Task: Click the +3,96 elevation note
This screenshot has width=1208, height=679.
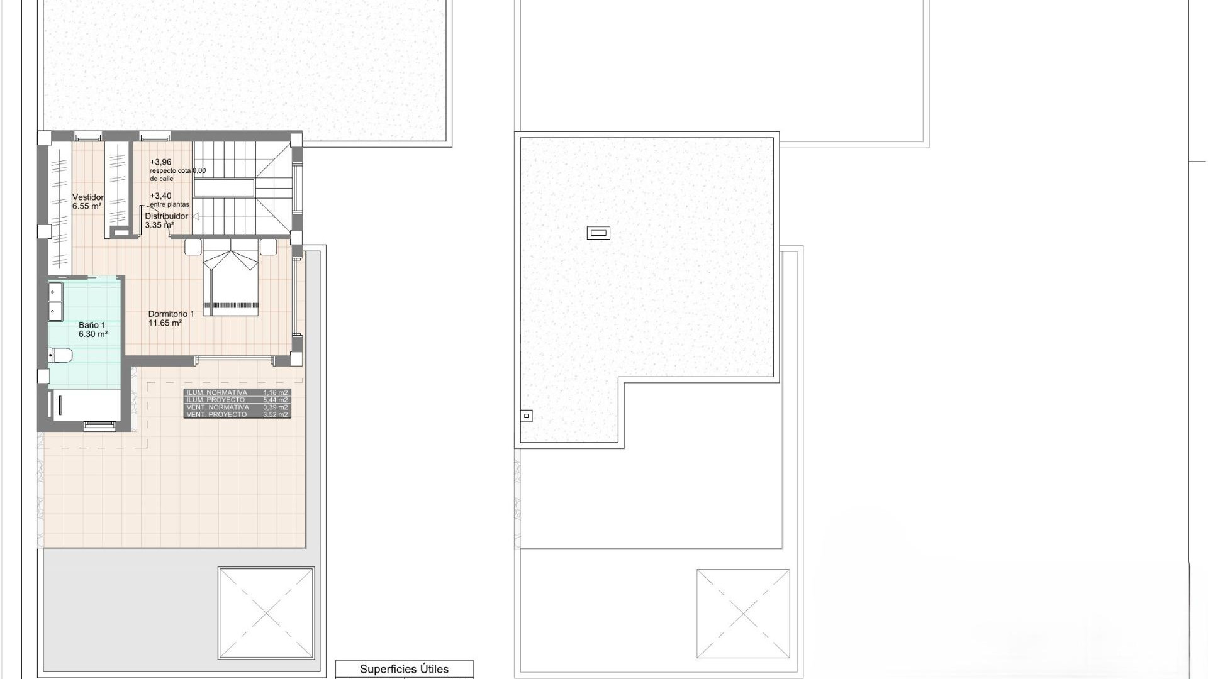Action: pos(160,162)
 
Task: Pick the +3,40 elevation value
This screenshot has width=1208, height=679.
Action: pos(160,196)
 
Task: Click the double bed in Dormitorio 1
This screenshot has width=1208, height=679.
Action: pos(231,280)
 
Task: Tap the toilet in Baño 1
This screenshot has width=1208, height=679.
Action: pos(61,355)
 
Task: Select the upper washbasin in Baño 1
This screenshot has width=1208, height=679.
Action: pos(55,292)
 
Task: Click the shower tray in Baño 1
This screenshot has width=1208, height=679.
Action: pos(84,405)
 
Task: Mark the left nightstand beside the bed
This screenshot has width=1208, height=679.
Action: pos(193,246)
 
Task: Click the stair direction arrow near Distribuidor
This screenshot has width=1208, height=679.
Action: pos(196,216)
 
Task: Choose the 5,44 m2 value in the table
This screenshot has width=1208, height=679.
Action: pos(276,400)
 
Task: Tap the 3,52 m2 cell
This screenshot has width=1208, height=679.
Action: pos(276,415)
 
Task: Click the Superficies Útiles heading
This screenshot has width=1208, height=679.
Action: pos(404,669)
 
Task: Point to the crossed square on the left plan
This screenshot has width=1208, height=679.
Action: pos(266,613)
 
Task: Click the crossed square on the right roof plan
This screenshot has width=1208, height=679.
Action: pos(743,613)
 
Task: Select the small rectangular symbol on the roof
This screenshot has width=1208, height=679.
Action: pos(598,233)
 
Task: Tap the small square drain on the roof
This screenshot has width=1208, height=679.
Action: pos(527,416)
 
